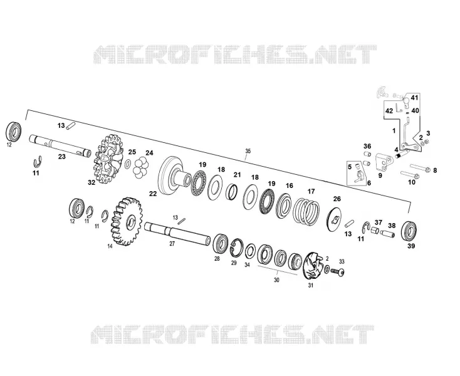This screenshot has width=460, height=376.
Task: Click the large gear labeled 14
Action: (x=127, y=221)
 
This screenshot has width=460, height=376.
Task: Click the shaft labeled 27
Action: (x=177, y=232)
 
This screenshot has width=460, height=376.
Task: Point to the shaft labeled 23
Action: (x=60, y=146)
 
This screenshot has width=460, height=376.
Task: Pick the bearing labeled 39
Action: (x=409, y=231)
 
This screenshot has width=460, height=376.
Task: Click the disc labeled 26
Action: (x=334, y=219)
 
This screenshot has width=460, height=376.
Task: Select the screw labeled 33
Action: (x=338, y=272)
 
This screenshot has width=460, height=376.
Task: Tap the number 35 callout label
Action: (x=248, y=151)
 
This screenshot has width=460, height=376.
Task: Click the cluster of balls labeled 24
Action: (x=142, y=167)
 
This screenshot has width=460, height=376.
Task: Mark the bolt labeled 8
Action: (x=421, y=168)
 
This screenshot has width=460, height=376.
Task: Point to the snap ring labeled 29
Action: (x=237, y=247)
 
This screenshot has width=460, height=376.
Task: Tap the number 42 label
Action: (x=389, y=111)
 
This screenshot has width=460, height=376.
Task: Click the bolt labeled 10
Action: (x=410, y=175)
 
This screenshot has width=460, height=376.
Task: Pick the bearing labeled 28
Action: (x=221, y=243)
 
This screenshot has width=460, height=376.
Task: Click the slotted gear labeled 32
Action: (x=108, y=159)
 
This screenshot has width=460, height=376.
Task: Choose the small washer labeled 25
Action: (x=128, y=164)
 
